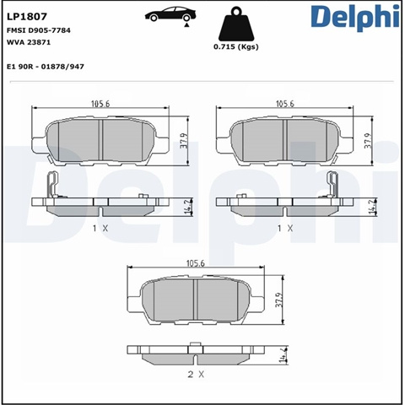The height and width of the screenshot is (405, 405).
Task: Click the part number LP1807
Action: [x=27, y=17]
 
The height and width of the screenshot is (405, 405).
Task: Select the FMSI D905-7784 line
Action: [x=39, y=30]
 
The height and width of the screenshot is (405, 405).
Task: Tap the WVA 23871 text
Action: [x=29, y=42]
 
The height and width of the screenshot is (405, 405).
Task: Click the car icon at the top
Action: [x=170, y=14]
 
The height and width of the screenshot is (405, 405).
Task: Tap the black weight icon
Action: [x=236, y=24]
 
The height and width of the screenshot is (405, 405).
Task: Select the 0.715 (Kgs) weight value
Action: [x=236, y=46]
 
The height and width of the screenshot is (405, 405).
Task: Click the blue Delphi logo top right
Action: [x=355, y=18]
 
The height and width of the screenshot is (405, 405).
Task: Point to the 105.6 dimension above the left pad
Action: [x=100, y=104]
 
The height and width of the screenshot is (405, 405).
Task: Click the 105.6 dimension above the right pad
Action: [x=285, y=104]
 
